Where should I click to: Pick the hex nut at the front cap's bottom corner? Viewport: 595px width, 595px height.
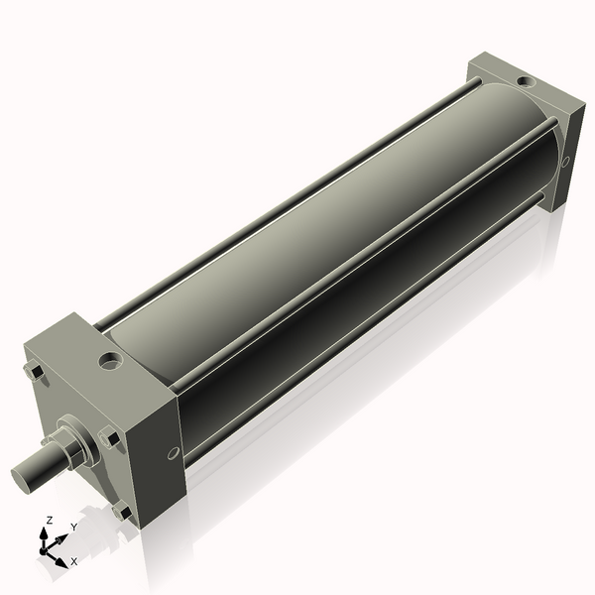tap(122, 512)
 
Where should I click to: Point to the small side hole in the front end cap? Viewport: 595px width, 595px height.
tap(174, 453)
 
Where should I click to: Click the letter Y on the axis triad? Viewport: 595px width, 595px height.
tap(74, 527)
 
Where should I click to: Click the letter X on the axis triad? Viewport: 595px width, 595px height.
tap(73, 561)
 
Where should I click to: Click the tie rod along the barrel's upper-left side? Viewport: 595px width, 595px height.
tap(297, 198)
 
